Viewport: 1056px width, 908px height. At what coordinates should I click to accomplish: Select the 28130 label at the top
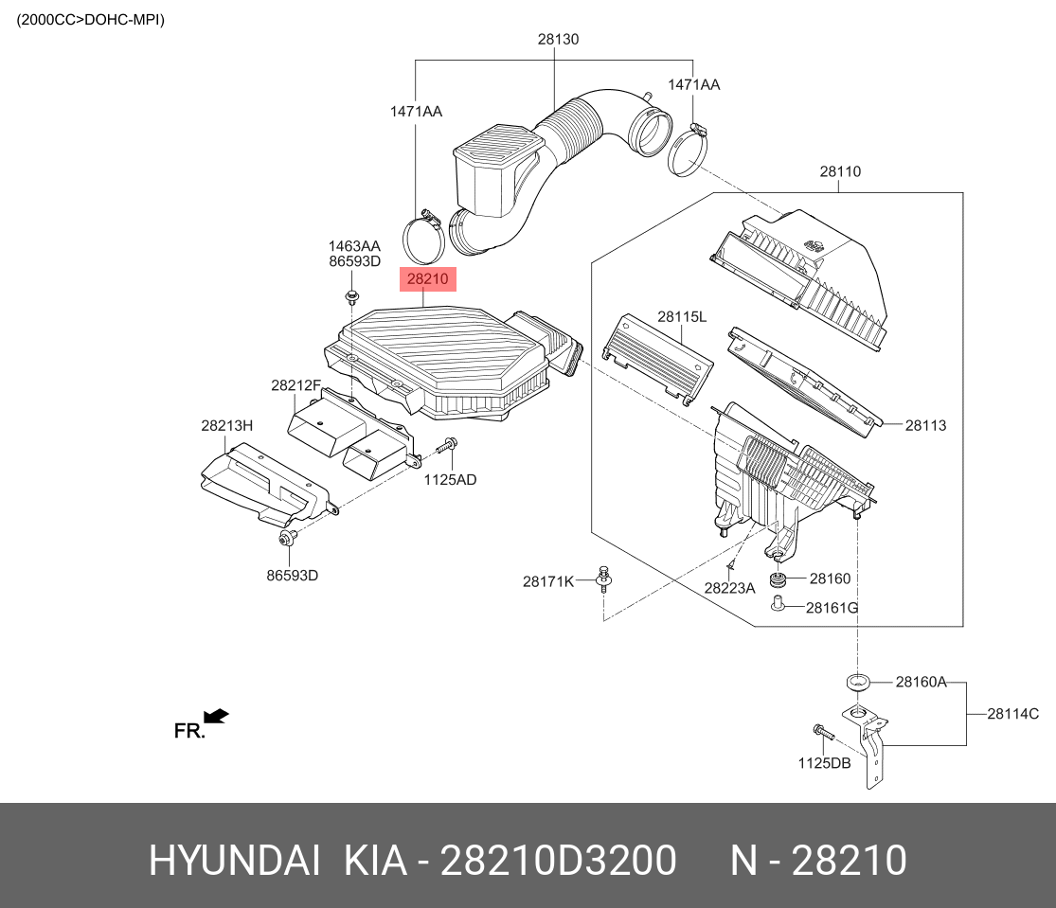[x=558, y=40]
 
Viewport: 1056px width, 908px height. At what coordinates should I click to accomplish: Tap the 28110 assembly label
[x=839, y=172]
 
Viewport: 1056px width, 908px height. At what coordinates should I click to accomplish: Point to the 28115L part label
[x=682, y=317]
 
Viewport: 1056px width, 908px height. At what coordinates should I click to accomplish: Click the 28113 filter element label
[x=925, y=426]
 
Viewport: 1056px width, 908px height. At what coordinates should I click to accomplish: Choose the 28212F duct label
[x=295, y=385]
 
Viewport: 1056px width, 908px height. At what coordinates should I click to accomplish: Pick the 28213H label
[x=226, y=426]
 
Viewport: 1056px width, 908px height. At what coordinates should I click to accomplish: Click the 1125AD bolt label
[x=449, y=480]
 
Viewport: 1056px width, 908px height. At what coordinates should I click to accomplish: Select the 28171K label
[x=548, y=581]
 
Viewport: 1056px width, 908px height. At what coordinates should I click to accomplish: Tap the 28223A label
[x=729, y=588]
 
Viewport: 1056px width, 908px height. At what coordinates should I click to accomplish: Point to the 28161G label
[x=832, y=607]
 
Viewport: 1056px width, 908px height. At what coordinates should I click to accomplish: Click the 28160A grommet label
[x=921, y=682]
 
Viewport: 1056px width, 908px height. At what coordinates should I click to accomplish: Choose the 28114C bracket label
[x=1012, y=715]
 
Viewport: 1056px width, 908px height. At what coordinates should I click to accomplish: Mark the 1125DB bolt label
[x=823, y=762]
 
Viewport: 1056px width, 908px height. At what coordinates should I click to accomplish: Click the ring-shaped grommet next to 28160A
[x=857, y=682]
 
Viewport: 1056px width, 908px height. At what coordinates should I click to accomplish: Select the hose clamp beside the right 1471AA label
[x=689, y=150]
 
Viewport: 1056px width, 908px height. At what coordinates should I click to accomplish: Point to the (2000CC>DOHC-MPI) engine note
[x=91, y=19]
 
